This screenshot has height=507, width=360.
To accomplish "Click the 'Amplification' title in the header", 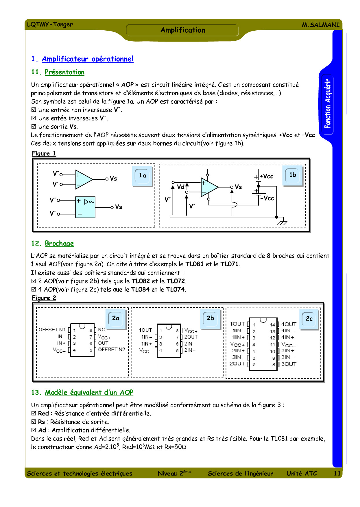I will [x=183, y=30].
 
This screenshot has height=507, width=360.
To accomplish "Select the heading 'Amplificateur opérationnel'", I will [x=88, y=59].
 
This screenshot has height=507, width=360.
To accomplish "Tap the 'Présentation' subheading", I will [x=64, y=72].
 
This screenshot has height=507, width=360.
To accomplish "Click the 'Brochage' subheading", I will [x=59, y=243].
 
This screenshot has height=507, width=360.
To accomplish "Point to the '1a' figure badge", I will [x=142, y=176].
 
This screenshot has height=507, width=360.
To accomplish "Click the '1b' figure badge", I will [x=292, y=175].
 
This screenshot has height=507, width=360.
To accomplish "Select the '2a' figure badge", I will [x=116, y=318].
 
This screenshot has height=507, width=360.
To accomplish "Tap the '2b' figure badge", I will [x=210, y=318].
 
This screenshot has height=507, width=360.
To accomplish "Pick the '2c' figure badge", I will [x=309, y=319].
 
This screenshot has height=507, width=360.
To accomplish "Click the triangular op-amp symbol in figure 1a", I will [x=83, y=179].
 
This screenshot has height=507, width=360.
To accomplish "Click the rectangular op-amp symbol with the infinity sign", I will [x=85, y=207].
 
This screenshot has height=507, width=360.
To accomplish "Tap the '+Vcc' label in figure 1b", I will [x=266, y=176].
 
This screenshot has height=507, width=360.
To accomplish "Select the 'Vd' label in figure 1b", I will [x=180, y=187].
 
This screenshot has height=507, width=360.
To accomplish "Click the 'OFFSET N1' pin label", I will [x=52, y=330].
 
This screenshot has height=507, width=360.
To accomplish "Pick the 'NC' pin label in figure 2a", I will [x=101, y=330].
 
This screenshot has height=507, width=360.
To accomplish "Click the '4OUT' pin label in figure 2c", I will [x=289, y=324].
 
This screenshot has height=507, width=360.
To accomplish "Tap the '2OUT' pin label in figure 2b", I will [x=191, y=337].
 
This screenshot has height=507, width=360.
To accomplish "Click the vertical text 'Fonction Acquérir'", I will [x=327, y=104].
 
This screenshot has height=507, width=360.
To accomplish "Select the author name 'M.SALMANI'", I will [x=320, y=25].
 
